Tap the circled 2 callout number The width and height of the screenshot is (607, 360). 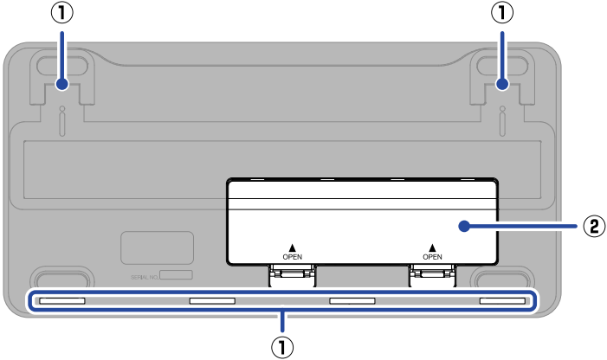click(593, 227)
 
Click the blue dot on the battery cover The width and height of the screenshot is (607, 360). click(465, 227)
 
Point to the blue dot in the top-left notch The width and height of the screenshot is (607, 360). click(61, 84)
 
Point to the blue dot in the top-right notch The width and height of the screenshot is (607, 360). click(503, 84)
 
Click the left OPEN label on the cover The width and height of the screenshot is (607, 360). click(293, 256)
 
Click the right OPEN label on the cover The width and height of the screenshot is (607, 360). click(432, 256)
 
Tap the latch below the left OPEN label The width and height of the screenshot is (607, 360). click(292, 275)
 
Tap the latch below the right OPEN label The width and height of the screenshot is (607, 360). click(432, 275)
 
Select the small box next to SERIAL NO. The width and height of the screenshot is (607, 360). click(177, 274)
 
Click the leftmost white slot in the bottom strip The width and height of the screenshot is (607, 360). click(62, 301)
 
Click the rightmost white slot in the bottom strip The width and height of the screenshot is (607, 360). click(502, 301)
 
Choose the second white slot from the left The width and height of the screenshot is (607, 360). click(212, 301)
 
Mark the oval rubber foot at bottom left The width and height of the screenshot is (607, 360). click(61, 279)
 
